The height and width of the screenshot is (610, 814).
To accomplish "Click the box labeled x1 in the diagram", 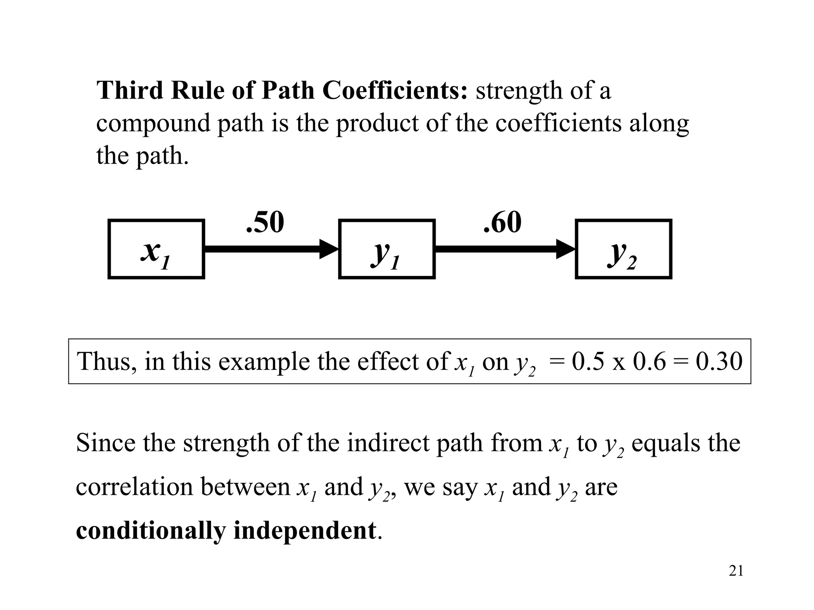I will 156,249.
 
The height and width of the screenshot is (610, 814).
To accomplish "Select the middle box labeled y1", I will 387,249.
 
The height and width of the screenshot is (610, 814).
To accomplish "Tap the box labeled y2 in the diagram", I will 623,249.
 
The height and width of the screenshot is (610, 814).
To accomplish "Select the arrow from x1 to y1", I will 270,249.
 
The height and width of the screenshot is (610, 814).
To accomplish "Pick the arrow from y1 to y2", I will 505,249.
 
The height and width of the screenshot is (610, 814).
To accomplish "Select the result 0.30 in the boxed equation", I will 719,362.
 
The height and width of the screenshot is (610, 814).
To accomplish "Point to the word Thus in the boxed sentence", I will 104,362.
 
